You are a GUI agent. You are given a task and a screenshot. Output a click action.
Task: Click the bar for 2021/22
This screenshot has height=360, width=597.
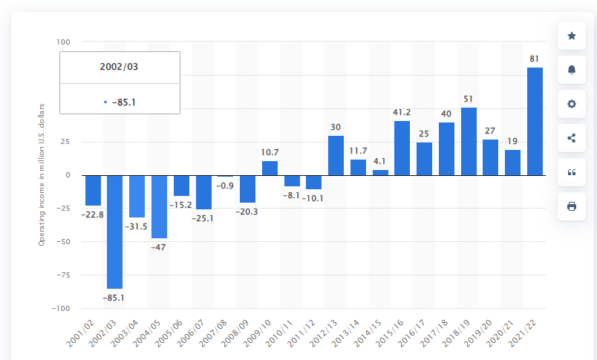[x=535, y=121]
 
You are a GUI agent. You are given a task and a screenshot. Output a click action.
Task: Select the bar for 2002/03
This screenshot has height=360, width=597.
[x=114, y=232]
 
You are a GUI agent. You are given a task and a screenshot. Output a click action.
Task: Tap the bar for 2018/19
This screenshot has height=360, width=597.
[x=469, y=141]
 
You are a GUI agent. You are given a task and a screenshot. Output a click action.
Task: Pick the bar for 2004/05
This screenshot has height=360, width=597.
[x=159, y=206]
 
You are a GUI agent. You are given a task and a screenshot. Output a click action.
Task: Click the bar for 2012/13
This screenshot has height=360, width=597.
[x=336, y=155]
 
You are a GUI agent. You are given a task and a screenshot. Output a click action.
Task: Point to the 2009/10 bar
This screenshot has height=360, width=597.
[x=270, y=168]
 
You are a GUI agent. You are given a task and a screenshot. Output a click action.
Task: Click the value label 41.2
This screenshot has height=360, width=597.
[x=402, y=112]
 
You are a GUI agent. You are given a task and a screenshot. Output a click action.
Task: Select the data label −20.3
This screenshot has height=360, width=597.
[x=247, y=211]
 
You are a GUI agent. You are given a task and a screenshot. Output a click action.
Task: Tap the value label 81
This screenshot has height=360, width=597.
[x=535, y=58]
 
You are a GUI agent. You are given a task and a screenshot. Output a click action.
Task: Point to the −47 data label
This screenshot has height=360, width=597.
[x=159, y=246]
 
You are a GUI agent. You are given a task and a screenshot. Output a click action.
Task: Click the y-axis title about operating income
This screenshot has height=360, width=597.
[x=42, y=174]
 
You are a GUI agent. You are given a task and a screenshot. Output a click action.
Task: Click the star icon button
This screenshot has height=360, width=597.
[x=572, y=36]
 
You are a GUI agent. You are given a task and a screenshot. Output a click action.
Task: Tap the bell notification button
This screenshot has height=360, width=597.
[x=572, y=70]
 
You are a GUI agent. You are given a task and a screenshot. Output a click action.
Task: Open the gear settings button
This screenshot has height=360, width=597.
[x=572, y=104]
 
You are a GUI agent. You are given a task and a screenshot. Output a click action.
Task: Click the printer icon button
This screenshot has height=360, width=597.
[x=572, y=206]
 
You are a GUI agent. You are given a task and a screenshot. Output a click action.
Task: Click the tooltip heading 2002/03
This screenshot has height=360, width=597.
[x=120, y=67]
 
